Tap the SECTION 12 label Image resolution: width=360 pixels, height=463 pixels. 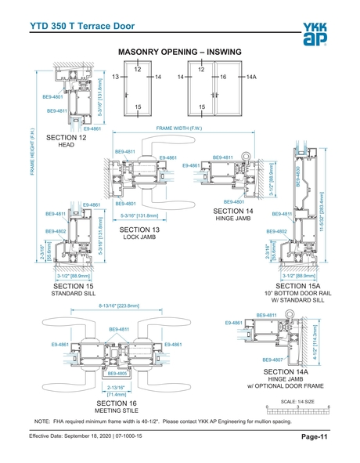67,138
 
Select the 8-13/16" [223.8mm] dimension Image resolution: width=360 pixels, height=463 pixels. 114,307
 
